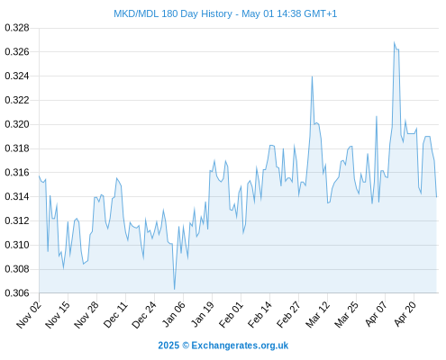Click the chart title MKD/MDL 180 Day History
click(173, 13)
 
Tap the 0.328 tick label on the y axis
click(17, 28)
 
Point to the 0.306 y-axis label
click(17, 292)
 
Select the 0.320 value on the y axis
click(17, 124)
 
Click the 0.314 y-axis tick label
click(17, 196)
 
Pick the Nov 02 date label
click(29, 314)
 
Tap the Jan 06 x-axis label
click(173, 314)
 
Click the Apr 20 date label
click(405, 314)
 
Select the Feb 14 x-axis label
click(259, 314)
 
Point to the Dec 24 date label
click(144, 315)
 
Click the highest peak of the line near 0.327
click(394, 42)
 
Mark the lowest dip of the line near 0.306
click(174, 289)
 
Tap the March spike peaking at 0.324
click(312, 76)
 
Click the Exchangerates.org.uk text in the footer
click(240, 346)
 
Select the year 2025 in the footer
click(168, 346)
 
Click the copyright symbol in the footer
click(186, 346)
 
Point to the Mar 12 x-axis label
click(318, 314)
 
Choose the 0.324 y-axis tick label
click(17, 76)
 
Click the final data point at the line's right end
click(436, 197)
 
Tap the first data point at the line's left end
click(39, 176)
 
